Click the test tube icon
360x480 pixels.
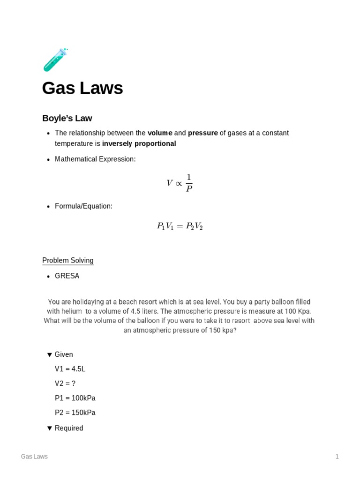click(55, 60)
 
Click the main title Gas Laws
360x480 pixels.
click(82, 88)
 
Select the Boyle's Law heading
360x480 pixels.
click(67, 118)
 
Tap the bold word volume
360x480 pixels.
click(160, 133)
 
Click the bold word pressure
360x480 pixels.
click(202, 133)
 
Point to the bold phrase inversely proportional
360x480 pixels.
click(139, 144)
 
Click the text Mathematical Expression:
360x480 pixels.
click(95, 159)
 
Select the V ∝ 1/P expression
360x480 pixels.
click(180, 183)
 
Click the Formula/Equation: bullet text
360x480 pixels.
click(83, 206)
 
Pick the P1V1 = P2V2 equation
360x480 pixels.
click(180, 226)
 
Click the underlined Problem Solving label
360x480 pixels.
click(68, 261)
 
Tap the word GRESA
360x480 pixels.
click(67, 276)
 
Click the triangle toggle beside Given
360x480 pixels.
click(50, 355)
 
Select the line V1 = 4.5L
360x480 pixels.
click(70, 369)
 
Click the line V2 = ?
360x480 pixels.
click(65, 384)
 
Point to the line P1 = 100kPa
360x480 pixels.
click(75, 398)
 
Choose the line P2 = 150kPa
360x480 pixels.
click(75, 413)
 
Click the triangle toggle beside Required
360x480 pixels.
click(50, 428)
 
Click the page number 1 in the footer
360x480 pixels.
click(337, 457)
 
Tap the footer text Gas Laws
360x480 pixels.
click(34, 457)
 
